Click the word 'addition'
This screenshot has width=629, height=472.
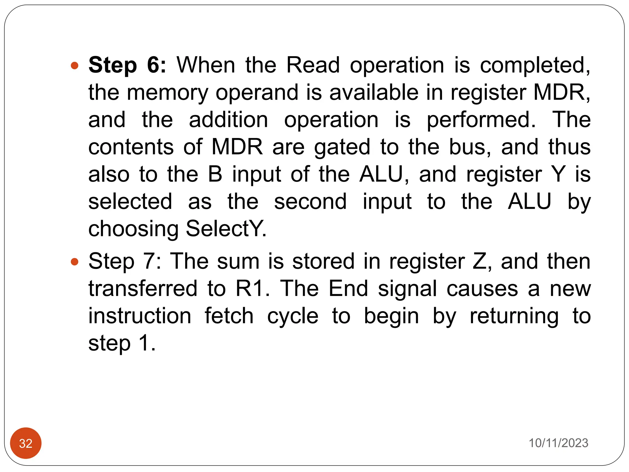[229, 120]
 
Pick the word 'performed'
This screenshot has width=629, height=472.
[481, 120]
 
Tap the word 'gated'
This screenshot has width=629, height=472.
[342, 147]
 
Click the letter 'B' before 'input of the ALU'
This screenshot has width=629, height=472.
[215, 175]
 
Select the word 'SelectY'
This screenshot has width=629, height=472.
[225, 229]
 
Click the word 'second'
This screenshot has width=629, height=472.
[310, 202]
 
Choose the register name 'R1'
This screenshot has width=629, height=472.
[251, 289]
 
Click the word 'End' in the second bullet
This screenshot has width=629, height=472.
[348, 289]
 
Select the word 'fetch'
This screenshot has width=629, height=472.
[229, 316]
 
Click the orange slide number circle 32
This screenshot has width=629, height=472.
[26, 443]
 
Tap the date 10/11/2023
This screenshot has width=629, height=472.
[558, 443]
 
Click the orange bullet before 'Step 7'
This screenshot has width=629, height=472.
[75, 262]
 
